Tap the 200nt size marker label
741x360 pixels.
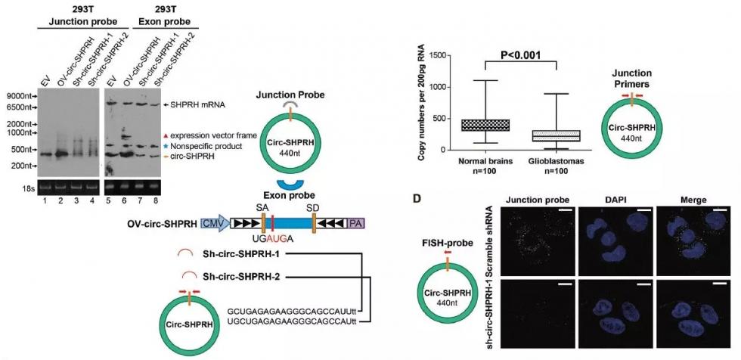[20, 165]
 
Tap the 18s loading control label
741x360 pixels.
[22, 185]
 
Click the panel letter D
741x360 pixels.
[414, 198]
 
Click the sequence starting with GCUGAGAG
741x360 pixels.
[291, 311]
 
